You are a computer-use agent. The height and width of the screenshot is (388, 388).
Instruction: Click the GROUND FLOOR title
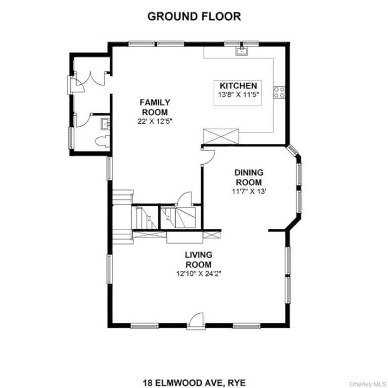(x=194, y=16)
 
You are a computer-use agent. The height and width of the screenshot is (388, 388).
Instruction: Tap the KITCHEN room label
(x=238, y=85)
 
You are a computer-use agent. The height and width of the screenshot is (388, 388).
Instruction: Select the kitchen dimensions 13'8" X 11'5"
(x=238, y=94)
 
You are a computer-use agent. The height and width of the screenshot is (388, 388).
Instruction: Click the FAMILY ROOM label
(x=155, y=107)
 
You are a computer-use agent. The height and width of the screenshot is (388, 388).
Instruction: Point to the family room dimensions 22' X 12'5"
(x=155, y=121)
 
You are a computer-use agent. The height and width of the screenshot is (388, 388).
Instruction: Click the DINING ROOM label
(x=249, y=177)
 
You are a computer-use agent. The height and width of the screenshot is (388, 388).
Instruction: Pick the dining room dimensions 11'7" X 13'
(x=249, y=191)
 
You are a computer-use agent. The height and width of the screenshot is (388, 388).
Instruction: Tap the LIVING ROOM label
(x=199, y=260)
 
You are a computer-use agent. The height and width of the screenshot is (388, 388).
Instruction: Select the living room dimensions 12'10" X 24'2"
(x=199, y=274)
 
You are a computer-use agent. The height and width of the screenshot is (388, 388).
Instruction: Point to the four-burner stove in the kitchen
(x=279, y=92)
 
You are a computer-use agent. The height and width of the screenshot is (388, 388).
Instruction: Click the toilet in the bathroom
(x=103, y=141)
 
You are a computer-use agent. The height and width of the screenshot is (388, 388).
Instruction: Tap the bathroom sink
(x=106, y=124)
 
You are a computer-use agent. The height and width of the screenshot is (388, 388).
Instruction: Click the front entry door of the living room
(x=196, y=321)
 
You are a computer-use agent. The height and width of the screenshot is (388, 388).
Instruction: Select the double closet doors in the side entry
(x=90, y=79)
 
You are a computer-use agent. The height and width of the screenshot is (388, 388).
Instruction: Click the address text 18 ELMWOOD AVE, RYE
(x=194, y=382)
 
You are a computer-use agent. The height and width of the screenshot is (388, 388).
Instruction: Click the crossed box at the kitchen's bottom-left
(x=221, y=136)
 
